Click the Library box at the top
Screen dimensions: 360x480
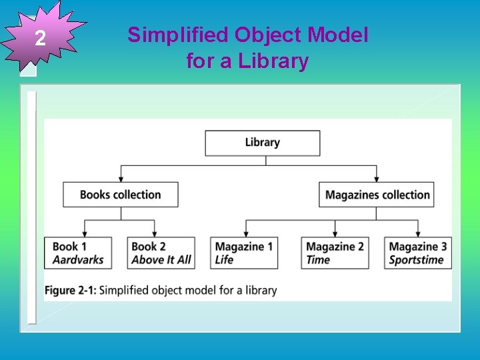[x=262, y=143]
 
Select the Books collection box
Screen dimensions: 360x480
[x=121, y=195]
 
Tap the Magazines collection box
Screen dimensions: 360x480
[x=377, y=195]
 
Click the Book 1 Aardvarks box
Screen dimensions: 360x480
[x=78, y=253]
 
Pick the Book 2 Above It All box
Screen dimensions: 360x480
[x=161, y=253]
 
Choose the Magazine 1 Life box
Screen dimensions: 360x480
[x=244, y=253]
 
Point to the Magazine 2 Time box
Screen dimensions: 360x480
[x=335, y=253]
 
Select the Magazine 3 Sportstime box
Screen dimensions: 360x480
[x=418, y=253]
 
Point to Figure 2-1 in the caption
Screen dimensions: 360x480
[x=70, y=290]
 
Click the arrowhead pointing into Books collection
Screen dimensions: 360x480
[x=121, y=179]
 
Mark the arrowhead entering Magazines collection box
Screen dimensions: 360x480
[x=377, y=179]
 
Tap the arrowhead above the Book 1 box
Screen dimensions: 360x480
[x=85, y=233]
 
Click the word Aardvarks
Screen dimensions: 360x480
[x=78, y=260]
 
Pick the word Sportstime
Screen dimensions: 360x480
[x=417, y=260]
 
